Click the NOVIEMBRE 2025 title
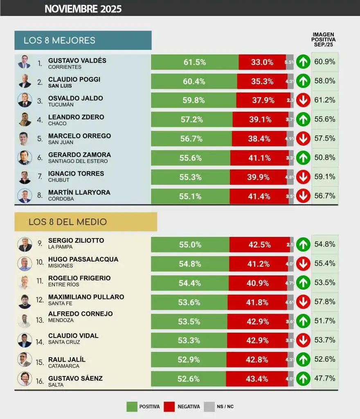click(x=83, y=9)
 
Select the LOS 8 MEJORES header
click(x=59, y=41)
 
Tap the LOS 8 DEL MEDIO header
click(x=67, y=222)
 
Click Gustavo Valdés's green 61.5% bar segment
click(x=195, y=62)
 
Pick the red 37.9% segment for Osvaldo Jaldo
click(x=263, y=100)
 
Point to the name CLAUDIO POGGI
click(x=74, y=79)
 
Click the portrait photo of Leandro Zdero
click(x=25, y=119)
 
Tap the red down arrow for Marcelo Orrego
click(x=303, y=138)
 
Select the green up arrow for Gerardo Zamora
click(x=303, y=157)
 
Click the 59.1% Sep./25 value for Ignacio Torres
click(x=325, y=176)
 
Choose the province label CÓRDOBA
click(x=61, y=199)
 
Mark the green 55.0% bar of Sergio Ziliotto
click(x=190, y=245)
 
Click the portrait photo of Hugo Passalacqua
click(x=25, y=263)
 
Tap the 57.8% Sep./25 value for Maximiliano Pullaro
click(x=325, y=302)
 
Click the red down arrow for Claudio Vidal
click(x=303, y=340)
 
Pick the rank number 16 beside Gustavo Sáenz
click(x=40, y=381)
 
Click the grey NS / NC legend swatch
click(x=209, y=407)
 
